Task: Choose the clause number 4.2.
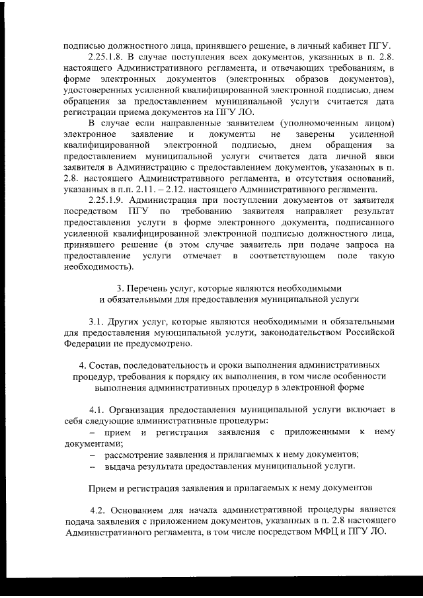[99, 509]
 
